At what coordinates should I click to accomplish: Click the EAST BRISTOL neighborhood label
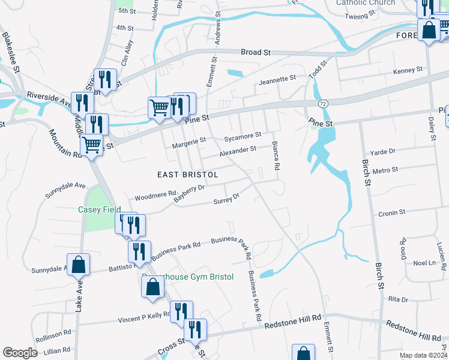click(187, 174)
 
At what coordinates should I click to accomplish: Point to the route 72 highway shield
click(323, 104)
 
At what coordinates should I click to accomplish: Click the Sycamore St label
click(243, 137)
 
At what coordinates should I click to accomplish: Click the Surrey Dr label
click(227, 199)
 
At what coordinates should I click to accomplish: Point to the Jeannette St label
click(277, 78)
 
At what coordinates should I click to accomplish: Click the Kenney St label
click(408, 71)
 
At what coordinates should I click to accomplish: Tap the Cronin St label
click(392, 212)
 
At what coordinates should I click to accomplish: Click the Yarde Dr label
click(383, 152)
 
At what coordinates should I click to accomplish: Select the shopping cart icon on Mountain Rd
click(92, 145)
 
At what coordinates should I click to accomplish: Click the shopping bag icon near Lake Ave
click(79, 264)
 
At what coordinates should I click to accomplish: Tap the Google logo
click(20, 353)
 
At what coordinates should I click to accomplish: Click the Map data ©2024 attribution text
click(423, 355)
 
